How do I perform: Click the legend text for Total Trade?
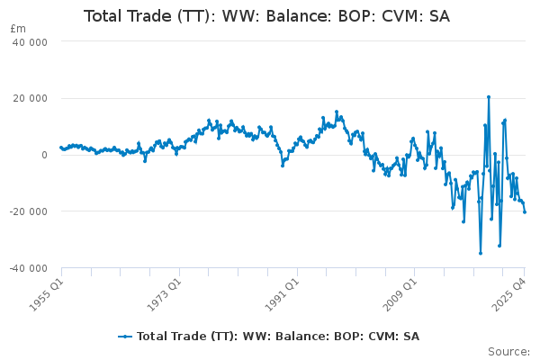[278, 337]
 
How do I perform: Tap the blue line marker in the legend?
[125, 337]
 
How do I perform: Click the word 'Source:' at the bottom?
[508, 351]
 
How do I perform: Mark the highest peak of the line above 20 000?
[489, 97]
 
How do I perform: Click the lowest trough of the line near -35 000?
[481, 253]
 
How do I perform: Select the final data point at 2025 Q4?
[525, 212]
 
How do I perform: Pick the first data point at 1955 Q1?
[61, 147]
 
